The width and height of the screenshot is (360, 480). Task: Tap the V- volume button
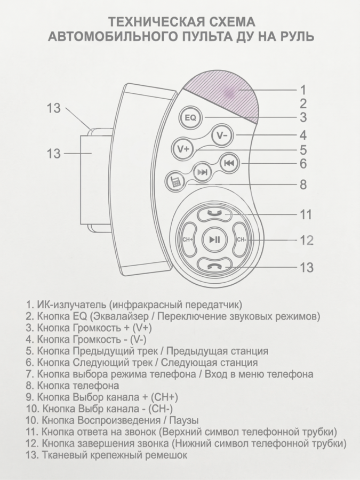[x=222, y=135]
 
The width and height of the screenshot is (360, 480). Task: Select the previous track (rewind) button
[x=228, y=163]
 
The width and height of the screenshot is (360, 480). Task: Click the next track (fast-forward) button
[x=202, y=172]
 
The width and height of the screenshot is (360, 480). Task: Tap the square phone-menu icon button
[x=174, y=182]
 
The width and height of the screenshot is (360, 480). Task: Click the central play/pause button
[x=214, y=239]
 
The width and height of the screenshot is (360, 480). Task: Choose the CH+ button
[x=187, y=239]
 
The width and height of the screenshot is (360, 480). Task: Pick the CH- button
[x=242, y=239]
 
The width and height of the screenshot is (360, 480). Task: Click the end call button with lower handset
[x=214, y=265]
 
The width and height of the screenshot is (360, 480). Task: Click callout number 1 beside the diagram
[x=302, y=89]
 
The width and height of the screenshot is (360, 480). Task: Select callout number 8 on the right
[x=302, y=185]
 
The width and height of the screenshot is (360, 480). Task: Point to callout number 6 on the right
[x=302, y=163]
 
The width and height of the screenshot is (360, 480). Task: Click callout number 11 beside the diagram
[x=305, y=215]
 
